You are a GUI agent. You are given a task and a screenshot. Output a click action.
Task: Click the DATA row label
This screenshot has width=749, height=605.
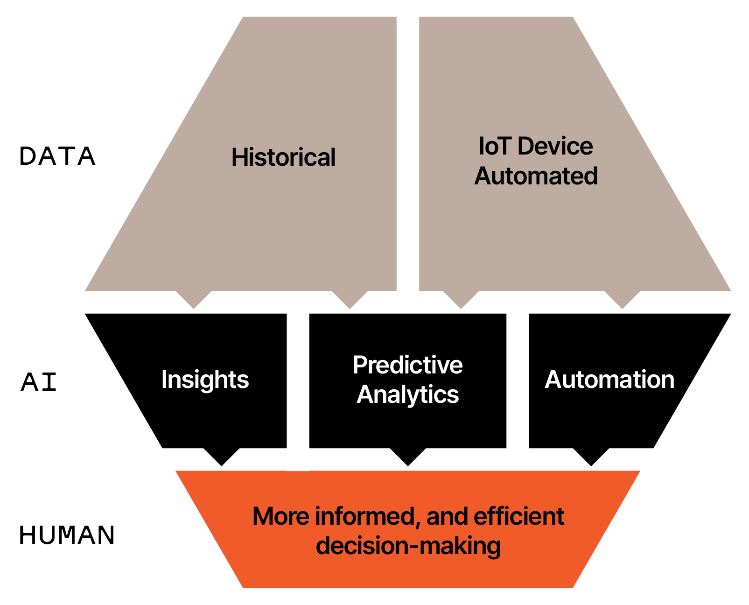[x=57, y=156]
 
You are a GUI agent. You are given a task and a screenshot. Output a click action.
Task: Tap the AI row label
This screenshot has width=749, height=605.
[x=38, y=382]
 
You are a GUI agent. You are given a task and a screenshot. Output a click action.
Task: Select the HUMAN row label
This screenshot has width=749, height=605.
[x=67, y=535]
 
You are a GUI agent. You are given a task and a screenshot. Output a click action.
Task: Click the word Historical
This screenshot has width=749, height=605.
[x=283, y=157]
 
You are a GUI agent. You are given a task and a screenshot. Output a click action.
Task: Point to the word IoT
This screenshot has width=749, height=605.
[x=494, y=146]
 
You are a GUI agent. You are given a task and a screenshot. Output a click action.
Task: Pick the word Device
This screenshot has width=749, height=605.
[x=555, y=146]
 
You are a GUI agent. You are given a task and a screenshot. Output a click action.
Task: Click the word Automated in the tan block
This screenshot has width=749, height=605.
[x=536, y=176]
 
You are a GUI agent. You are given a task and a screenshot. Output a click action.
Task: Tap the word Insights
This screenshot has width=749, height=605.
[x=205, y=380]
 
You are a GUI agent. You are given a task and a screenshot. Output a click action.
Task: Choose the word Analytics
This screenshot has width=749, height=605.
[x=407, y=395]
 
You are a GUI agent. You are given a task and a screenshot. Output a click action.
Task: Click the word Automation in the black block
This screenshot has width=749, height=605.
[x=609, y=380]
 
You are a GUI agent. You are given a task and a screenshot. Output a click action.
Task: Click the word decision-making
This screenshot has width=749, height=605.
[x=408, y=546]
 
